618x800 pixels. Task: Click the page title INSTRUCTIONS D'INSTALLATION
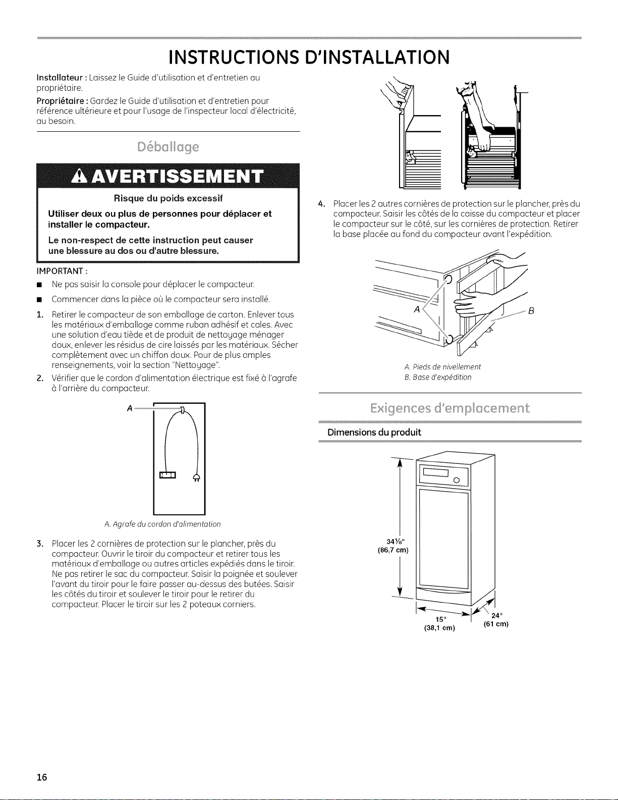click(309, 57)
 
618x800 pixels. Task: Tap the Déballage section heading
click(168, 147)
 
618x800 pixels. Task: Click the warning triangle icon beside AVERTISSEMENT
click(81, 177)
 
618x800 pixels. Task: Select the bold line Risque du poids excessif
click(168, 198)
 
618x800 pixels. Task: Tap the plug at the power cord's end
click(197, 477)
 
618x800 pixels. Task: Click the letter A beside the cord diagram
click(130, 408)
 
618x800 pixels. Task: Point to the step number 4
click(321, 204)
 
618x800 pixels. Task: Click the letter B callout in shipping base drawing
click(531, 311)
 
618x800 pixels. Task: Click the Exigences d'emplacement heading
click(450, 408)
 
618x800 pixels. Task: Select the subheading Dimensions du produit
click(374, 432)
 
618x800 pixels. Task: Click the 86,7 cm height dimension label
click(393, 550)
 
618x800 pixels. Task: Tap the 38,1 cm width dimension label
click(439, 628)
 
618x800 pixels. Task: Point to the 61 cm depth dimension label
click(496, 624)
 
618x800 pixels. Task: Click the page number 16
click(42, 777)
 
